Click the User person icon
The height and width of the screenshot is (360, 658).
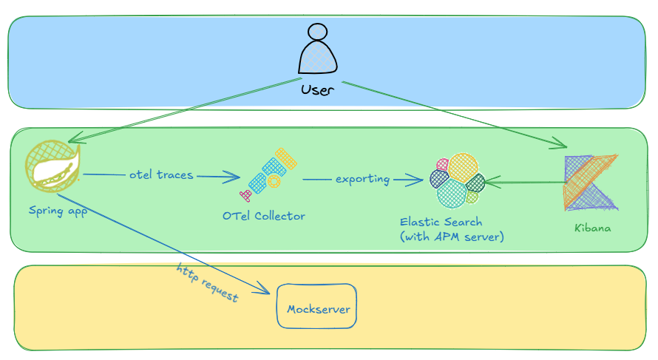point(318,49)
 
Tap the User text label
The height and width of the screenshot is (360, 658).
point(317,89)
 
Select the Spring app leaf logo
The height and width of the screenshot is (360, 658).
point(52,166)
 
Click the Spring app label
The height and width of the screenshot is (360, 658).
point(58,211)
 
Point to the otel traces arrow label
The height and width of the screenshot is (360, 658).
point(161,174)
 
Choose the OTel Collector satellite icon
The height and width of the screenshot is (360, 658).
point(268,174)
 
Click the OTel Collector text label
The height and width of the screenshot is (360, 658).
point(263,216)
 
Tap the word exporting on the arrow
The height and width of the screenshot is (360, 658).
point(362,179)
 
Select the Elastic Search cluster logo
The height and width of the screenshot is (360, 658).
point(458,180)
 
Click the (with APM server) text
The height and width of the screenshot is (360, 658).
point(452,237)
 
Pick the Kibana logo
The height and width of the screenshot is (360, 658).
point(591,182)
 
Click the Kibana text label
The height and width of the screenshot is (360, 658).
point(592,228)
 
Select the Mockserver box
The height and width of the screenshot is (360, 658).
point(317,306)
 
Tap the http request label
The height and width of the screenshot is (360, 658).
point(207,282)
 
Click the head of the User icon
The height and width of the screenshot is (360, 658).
point(317,32)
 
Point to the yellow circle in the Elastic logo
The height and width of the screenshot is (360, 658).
point(463,167)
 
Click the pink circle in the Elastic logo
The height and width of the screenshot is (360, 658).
point(442,164)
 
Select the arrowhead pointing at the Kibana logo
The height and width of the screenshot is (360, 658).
point(560,143)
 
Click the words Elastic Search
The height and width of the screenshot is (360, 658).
point(441,222)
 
